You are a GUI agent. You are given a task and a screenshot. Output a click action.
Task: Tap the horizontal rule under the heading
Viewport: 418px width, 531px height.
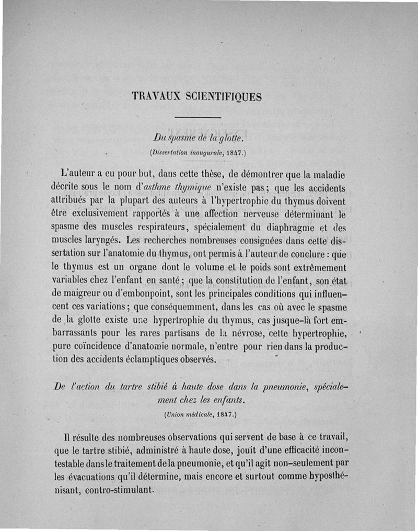(199, 117)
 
